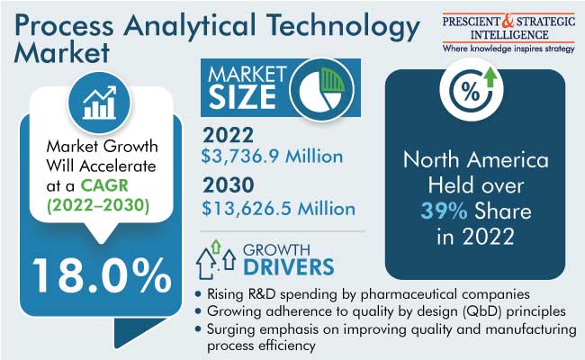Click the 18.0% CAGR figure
[102, 276]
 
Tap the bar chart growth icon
[100, 103]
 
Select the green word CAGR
[104, 185]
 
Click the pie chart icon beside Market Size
[322, 89]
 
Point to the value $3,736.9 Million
[272, 156]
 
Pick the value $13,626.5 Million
[278, 208]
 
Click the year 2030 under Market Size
[229, 185]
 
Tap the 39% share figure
[444, 211]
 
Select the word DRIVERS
[289, 267]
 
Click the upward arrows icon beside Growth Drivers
[216, 259]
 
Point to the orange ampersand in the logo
[508, 21]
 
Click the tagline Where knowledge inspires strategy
[508, 49]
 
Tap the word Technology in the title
[344, 27]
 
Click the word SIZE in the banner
[242, 97]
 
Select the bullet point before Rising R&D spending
[198, 294]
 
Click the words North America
[476, 159]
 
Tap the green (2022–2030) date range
[98, 205]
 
